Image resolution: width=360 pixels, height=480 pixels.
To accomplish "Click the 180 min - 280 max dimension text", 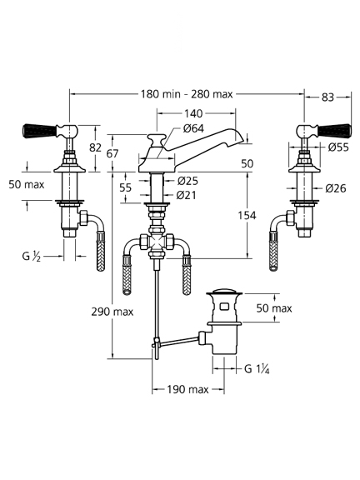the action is pyautogui.click(x=187, y=94).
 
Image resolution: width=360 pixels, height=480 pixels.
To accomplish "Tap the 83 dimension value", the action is pyautogui.click(x=327, y=97).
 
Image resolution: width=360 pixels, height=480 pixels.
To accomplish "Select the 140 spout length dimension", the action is pyautogui.click(x=193, y=113).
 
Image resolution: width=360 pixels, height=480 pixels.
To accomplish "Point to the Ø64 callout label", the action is pyautogui.click(x=193, y=128).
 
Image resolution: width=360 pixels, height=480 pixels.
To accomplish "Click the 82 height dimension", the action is pyautogui.click(x=95, y=147).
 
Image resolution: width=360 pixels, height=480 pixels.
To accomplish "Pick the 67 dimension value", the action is pyautogui.click(x=112, y=153).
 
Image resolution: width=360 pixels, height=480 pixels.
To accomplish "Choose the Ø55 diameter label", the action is pyautogui.click(x=338, y=147).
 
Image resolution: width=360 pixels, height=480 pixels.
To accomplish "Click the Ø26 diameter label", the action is pyautogui.click(x=336, y=188).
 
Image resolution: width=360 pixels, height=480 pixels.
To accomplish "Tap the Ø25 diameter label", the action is pyautogui.click(x=187, y=181).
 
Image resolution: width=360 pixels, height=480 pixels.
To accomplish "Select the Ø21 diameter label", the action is pyautogui.click(x=186, y=195).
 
